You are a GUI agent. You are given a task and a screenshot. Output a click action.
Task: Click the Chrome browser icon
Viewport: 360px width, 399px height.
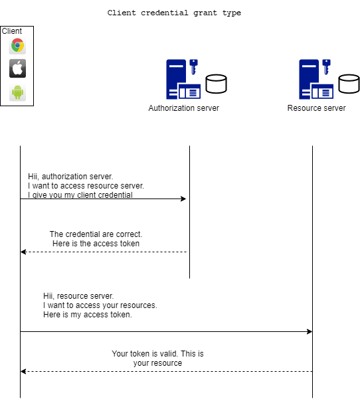(x=17, y=46)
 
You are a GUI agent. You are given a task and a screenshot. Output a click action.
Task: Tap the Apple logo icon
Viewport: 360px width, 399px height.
(x=17, y=68)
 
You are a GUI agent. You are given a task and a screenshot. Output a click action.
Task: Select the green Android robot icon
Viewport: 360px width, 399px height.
(x=17, y=92)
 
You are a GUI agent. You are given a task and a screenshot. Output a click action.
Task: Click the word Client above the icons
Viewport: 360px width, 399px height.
(x=12, y=31)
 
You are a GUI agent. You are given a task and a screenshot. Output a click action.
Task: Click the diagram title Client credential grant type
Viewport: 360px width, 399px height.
(x=174, y=13)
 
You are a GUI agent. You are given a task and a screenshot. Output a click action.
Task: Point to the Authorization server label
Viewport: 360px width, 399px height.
(x=183, y=108)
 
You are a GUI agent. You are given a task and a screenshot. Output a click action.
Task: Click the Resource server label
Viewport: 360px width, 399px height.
(x=316, y=108)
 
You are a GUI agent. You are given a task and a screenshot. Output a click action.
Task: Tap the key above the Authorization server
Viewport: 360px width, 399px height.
(x=193, y=66)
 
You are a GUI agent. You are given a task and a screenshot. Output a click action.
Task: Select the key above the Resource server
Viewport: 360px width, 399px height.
(x=326, y=66)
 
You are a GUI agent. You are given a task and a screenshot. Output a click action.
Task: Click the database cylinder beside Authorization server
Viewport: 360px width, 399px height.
(x=216, y=84)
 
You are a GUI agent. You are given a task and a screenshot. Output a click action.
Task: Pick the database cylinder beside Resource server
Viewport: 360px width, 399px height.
(x=349, y=84)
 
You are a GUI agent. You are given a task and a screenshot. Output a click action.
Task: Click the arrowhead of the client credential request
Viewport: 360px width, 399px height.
(x=183, y=199)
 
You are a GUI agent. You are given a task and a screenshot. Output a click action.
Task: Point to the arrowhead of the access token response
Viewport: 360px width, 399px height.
(x=23, y=252)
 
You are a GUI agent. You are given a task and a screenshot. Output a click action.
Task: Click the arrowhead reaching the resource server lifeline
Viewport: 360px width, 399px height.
(x=310, y=331)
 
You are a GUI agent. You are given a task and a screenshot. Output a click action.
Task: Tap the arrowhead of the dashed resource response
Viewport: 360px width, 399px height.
(x=23, y=372)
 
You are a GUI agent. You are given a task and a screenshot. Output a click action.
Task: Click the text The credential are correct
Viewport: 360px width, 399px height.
(x=96, y=234)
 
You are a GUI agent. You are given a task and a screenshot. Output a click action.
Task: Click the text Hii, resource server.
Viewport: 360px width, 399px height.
(x=78, y=296)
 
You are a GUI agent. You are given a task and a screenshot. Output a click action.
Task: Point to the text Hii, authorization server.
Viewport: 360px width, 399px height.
(x=70, y=177)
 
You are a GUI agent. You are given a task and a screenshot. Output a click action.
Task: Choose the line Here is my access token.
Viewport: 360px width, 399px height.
(x=88, y=315)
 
